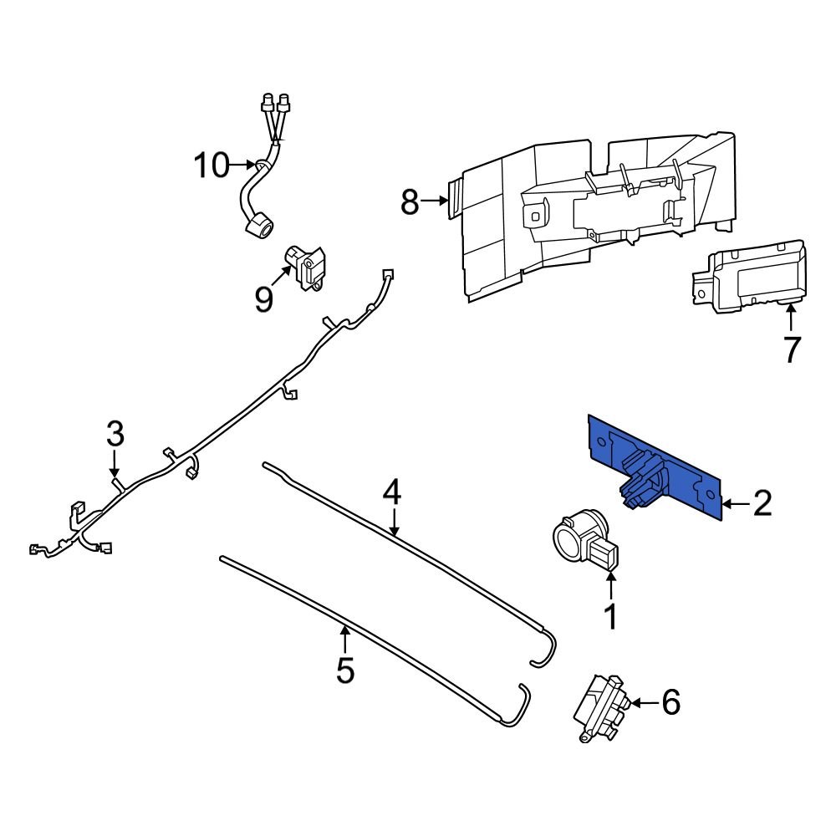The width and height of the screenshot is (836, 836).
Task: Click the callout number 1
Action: [610, 617]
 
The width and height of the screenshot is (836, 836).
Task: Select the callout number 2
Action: [762, 503]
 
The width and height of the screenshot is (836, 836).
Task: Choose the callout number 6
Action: [670, 703]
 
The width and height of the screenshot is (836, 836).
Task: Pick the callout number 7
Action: [791, 349]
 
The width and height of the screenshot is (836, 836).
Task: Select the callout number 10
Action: [212, 166]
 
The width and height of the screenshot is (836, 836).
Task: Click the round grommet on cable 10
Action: [259, 225]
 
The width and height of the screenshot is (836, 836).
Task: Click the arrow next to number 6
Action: [640, 703]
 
